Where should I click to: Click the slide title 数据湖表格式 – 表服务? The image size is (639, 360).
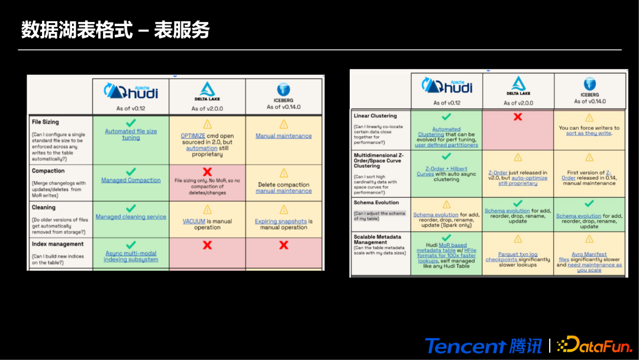pos(115,30)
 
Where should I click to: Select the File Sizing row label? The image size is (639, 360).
pos(45,122)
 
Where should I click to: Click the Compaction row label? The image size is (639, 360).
pos(48,171)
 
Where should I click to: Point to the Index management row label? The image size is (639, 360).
pos(57,244)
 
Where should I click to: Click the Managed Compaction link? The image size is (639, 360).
pos(131,180)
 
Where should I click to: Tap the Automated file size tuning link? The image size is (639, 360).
pos(131,134)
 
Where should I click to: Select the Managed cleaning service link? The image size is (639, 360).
pos(131,217)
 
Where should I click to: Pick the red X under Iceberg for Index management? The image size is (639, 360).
pos(284,245)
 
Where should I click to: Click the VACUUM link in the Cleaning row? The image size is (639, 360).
pos(194,221)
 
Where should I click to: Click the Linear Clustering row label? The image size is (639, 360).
pos(375,115)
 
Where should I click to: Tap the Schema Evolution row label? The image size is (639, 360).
pos(376,202)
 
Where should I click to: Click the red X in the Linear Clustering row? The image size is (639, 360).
pos(518,117)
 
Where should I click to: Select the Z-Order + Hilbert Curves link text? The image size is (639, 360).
pos(446,171)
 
